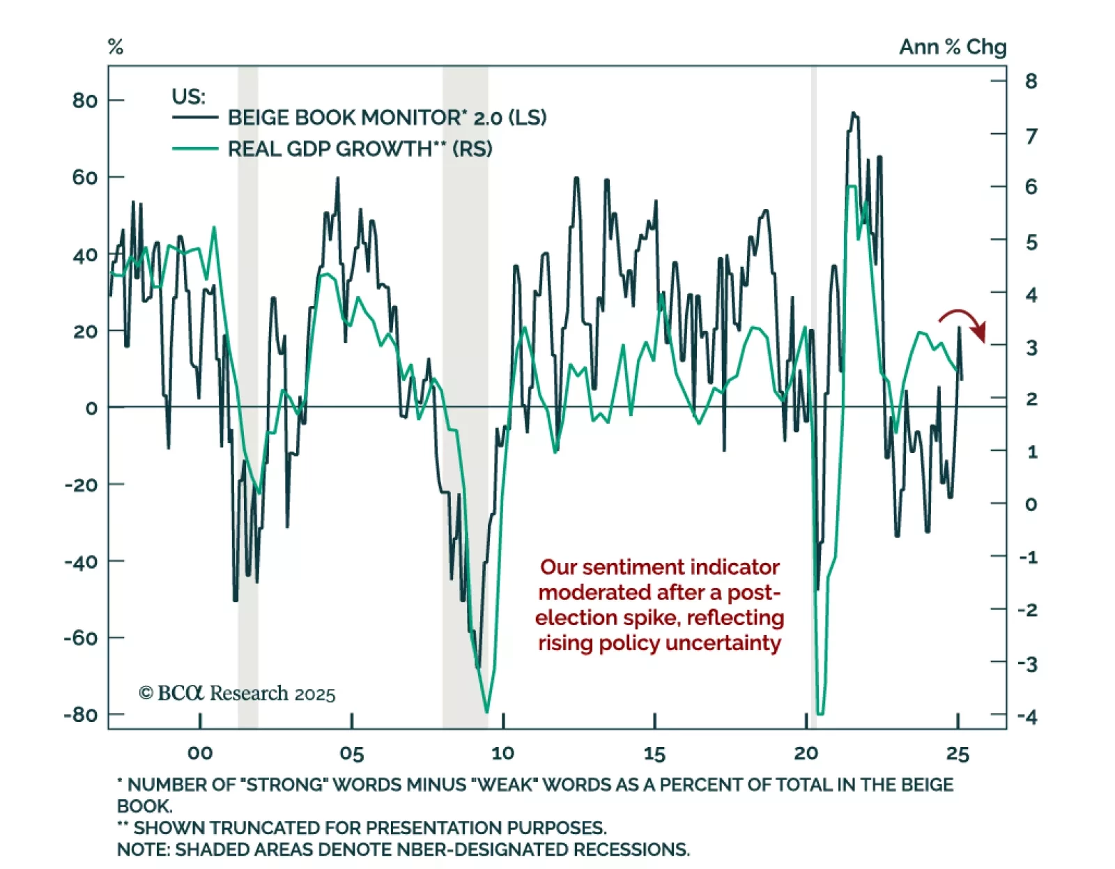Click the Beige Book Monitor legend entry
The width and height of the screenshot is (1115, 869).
pyautogui.click(x=387, y=117)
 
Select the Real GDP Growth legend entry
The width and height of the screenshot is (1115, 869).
pyautogui.click(x=360, y=148)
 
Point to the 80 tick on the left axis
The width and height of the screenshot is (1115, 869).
pyautogui.click(x=84, y=100)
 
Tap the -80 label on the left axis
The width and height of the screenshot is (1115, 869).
pyautogui.click(x=80, y=714)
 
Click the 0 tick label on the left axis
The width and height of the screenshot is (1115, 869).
pyautogui.click(x=91, y=408)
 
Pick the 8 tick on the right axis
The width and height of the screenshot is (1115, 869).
pyautogui.click(x=1031, y=81)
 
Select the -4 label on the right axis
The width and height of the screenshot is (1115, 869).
pyautogui.click(x=1027, y=716)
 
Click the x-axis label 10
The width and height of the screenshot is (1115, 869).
pyautogui.click(x=502, y=753)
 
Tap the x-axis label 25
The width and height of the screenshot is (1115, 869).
pyautogui.click(x=958, y=753)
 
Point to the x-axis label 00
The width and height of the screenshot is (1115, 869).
pyautogui.click(x=200, y=753)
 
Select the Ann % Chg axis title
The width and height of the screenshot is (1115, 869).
pyautogui.click(x=952, y=47)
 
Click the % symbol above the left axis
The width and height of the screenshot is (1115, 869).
pyautogui.click(x=116, y=47)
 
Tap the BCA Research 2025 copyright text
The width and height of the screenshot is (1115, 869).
pyautogui.click(x=237, y=693)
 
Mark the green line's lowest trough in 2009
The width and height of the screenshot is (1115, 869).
pyautogui.click(x=486, y=712)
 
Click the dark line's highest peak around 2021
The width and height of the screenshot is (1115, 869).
pyautogui.click(x=853, y=113)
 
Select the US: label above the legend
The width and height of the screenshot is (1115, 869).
pyautogui.click(x=188, y=96)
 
